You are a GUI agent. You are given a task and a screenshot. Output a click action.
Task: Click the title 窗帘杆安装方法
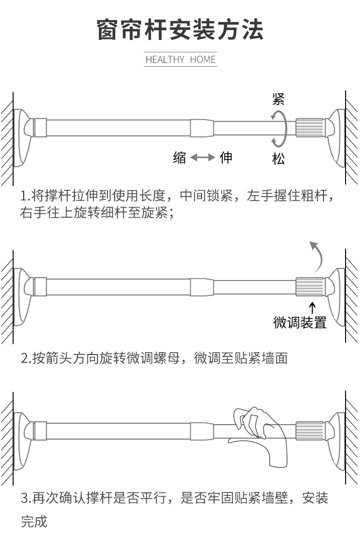(180, 30)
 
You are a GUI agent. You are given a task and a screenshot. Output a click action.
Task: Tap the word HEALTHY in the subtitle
(165, 60)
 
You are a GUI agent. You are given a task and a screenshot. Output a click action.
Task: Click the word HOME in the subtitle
(203, 60)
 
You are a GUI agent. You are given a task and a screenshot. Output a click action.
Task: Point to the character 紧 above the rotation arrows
(278, 99)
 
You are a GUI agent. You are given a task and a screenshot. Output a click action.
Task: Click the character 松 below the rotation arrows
(278, 159)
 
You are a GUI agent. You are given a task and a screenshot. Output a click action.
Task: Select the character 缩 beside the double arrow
(180, 158)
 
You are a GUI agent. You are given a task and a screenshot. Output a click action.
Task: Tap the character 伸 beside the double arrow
(226, 158)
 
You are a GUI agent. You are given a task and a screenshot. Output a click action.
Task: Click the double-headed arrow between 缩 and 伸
(203, 158)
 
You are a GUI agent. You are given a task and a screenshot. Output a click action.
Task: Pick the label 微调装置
(300, 322)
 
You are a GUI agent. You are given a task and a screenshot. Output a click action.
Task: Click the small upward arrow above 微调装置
(312, 306)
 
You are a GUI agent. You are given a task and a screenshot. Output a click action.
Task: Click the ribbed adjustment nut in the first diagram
(311, 129)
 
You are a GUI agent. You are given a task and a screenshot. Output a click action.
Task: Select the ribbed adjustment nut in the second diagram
(311, 287)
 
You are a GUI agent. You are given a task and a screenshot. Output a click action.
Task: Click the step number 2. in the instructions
(25, 358)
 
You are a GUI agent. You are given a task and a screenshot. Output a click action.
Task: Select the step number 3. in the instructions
(25, 498)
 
